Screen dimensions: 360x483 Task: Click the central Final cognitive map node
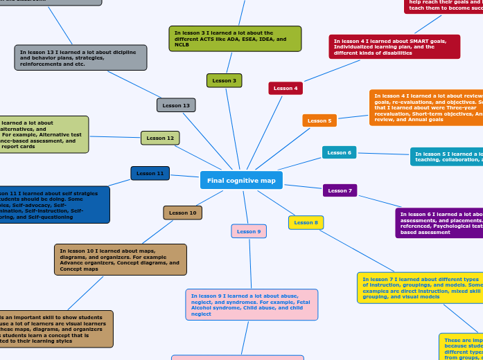pos(241,180)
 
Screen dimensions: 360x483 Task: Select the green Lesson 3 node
pos(224,81)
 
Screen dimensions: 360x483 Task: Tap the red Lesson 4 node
pos(286,89)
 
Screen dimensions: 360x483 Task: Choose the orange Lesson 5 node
pos(319,120)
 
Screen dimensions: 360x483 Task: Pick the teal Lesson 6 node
pos(339,152)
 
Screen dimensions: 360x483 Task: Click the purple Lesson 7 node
pos(340,190)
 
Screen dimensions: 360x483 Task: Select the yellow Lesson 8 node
pos(306,222)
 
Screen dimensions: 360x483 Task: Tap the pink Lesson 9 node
pos(249,231)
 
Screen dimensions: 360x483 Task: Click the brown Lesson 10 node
pos(183,213)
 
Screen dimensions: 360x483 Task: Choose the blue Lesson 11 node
pos(150,173)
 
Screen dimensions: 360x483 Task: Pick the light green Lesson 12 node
pos(160,138)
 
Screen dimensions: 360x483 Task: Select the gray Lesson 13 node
pos(176,105)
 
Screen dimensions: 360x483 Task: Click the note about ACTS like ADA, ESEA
pos(235,39)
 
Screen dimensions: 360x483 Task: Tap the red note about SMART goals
pos(394,46)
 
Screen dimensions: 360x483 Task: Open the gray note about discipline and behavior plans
pos(80,57)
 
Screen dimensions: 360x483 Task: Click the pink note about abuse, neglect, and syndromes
pos(252,305)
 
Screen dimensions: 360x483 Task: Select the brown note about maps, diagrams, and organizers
pos(120,260)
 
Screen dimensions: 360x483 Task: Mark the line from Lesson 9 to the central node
pos(245,207)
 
